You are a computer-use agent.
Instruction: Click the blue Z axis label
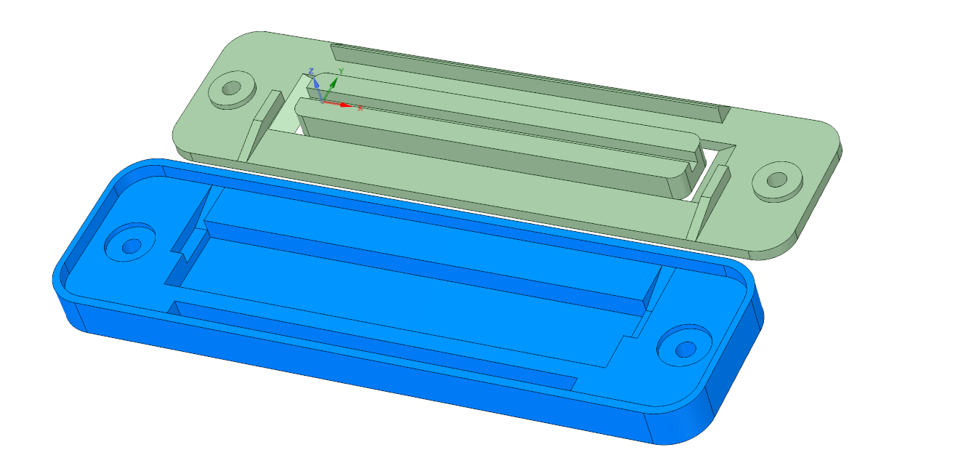point(311,71)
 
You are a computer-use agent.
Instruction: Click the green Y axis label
point(341,71)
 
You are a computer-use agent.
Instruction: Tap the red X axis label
point(361,108)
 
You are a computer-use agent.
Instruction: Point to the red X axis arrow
point(337,104)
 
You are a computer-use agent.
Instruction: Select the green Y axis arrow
point(330,89)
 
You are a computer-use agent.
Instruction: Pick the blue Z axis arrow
point(318,90)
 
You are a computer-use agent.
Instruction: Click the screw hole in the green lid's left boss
point(231,88)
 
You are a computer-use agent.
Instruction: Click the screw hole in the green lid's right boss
point(777,180)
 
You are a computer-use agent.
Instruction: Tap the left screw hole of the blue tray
point(132,246)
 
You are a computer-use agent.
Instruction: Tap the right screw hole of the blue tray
point(685,350)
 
